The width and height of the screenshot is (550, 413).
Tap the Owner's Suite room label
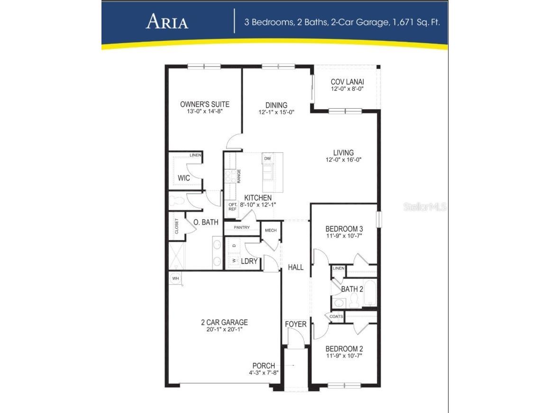pos(205,104)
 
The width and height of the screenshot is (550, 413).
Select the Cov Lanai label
pos(347,82)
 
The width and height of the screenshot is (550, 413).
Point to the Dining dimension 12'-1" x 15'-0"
pos(276,113)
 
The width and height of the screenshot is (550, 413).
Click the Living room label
pos(343,153)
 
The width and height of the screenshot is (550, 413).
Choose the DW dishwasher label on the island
pos(267,159)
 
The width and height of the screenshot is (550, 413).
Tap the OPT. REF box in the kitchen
pos(232,206)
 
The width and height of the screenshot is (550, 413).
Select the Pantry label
pos(241,227)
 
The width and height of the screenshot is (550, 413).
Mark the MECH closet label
pos(270,230)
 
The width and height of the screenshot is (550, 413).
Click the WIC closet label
pos(184,178)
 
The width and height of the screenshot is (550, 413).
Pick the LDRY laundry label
pos(249,262)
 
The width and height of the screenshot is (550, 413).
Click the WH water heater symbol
pos(175,278)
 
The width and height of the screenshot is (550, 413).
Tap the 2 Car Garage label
pos(224,322)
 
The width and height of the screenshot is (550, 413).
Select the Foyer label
pos(295,324)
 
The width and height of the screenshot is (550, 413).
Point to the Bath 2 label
pos(352,289)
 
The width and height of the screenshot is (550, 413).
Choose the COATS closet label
pos(336,316)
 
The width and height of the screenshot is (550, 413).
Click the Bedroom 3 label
pos(344,228)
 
